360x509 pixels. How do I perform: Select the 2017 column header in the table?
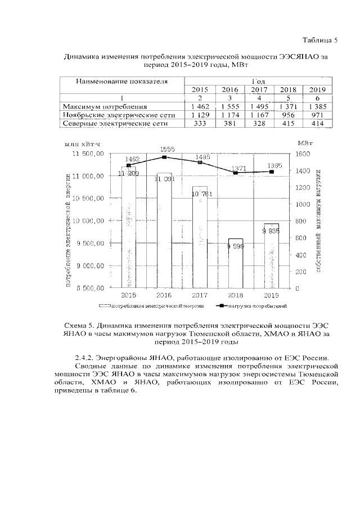259,89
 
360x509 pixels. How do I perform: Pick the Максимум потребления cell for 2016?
229,106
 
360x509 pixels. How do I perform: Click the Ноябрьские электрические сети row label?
119,114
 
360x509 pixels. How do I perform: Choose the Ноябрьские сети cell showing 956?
288,114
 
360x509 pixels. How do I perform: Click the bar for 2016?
164,231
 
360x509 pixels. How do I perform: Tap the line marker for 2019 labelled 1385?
272,172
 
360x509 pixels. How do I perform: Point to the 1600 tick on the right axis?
302,154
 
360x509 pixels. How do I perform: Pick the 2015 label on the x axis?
128,295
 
